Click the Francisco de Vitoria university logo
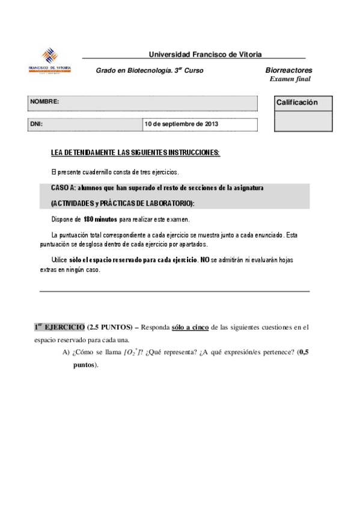(x=50, y=61)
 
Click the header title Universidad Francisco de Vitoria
(x=204, y=54)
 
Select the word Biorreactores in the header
(x=288, y=70)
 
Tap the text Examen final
(x=290, y=79)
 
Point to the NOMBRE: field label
(x=44, y=102)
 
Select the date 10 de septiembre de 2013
(x=182, y=124)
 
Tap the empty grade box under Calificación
(x=303, y=120)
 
